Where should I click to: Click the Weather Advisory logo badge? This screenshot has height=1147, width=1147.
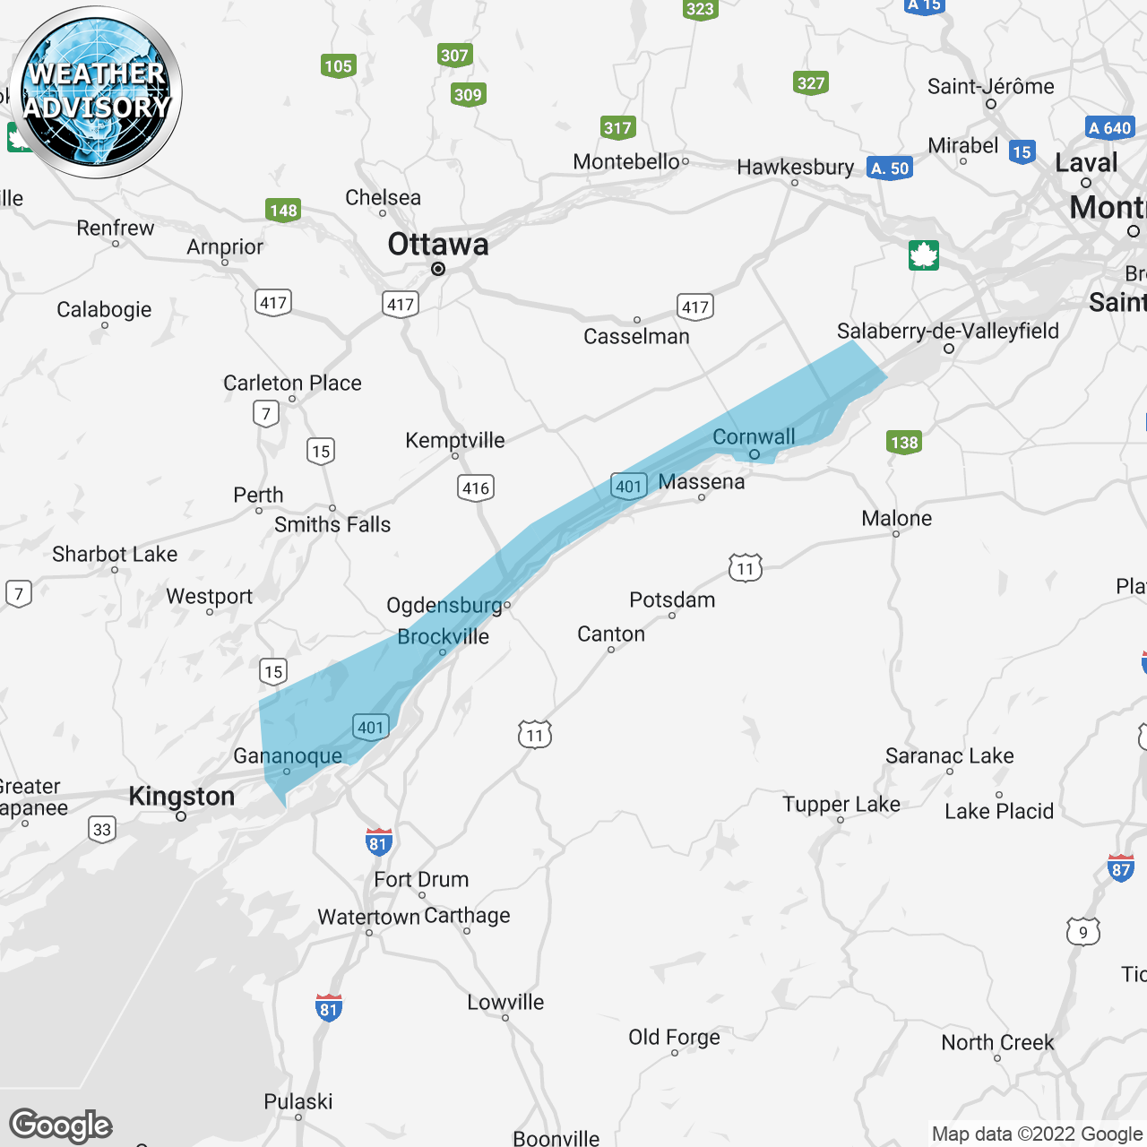pos(97,91)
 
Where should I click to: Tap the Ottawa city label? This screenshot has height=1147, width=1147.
pos(438,245)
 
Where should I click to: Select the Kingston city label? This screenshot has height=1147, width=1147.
pos(182,796)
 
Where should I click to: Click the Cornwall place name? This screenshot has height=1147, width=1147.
pos(754,436)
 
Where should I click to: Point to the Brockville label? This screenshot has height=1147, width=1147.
pos(444,636)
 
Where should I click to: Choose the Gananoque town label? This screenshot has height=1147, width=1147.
pos(288,755)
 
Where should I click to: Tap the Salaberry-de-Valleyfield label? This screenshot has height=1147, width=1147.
pos(947,331)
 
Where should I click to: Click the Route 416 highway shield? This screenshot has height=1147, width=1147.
pos(476,487)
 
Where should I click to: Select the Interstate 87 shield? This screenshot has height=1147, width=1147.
pos(1121,868)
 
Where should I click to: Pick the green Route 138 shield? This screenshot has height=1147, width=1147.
pos(904,442)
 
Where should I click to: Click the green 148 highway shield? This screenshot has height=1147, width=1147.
pos(283,211)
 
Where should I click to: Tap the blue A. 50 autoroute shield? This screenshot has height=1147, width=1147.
pos(890,168)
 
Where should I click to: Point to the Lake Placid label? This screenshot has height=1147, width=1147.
pos(999,811)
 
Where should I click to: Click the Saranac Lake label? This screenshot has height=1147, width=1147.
pos(949,755)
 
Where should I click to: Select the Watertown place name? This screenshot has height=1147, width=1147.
pos(368,917)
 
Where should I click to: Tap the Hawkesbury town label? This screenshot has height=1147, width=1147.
pos(795,167)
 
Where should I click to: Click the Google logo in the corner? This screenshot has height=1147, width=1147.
pos(61,1125)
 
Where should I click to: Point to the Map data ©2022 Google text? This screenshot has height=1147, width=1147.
pos(1037,1134)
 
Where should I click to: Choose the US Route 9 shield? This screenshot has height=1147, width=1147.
pos(1082,932)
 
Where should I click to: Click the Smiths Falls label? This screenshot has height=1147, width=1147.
pos(332,524)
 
